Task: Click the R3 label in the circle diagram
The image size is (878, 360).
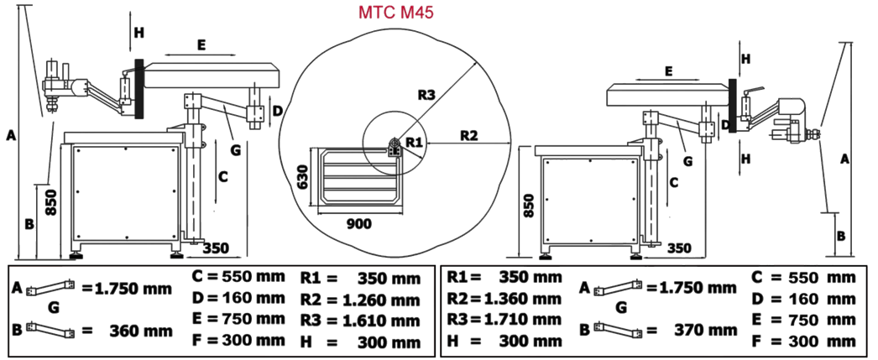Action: pyautogui.click(x=426, y=95)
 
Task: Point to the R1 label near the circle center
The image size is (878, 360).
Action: pyautogui.click(x=413, y=143)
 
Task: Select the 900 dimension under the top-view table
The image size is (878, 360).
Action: pyautogui.click(x=358, y=224)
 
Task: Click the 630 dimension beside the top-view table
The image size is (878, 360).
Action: pyautogui.click(x=304, y=177)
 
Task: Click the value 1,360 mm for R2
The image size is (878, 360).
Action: pyautogui.click(x=526, y=296)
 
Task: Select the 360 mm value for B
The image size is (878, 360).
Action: pyautogui.click(x=141, y=331)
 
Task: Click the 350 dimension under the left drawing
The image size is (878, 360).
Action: pyautogui.click(x=217, y=248)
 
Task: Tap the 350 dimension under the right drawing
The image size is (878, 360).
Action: pyautogui.click(x=679, y=248)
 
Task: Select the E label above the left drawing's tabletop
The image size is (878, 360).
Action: pyautogui.click(x=201, y=45)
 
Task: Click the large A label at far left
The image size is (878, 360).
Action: pyautogui.click(x=9, y=133)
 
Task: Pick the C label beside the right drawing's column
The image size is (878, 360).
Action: pyautogui.click(x=673, y=181)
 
